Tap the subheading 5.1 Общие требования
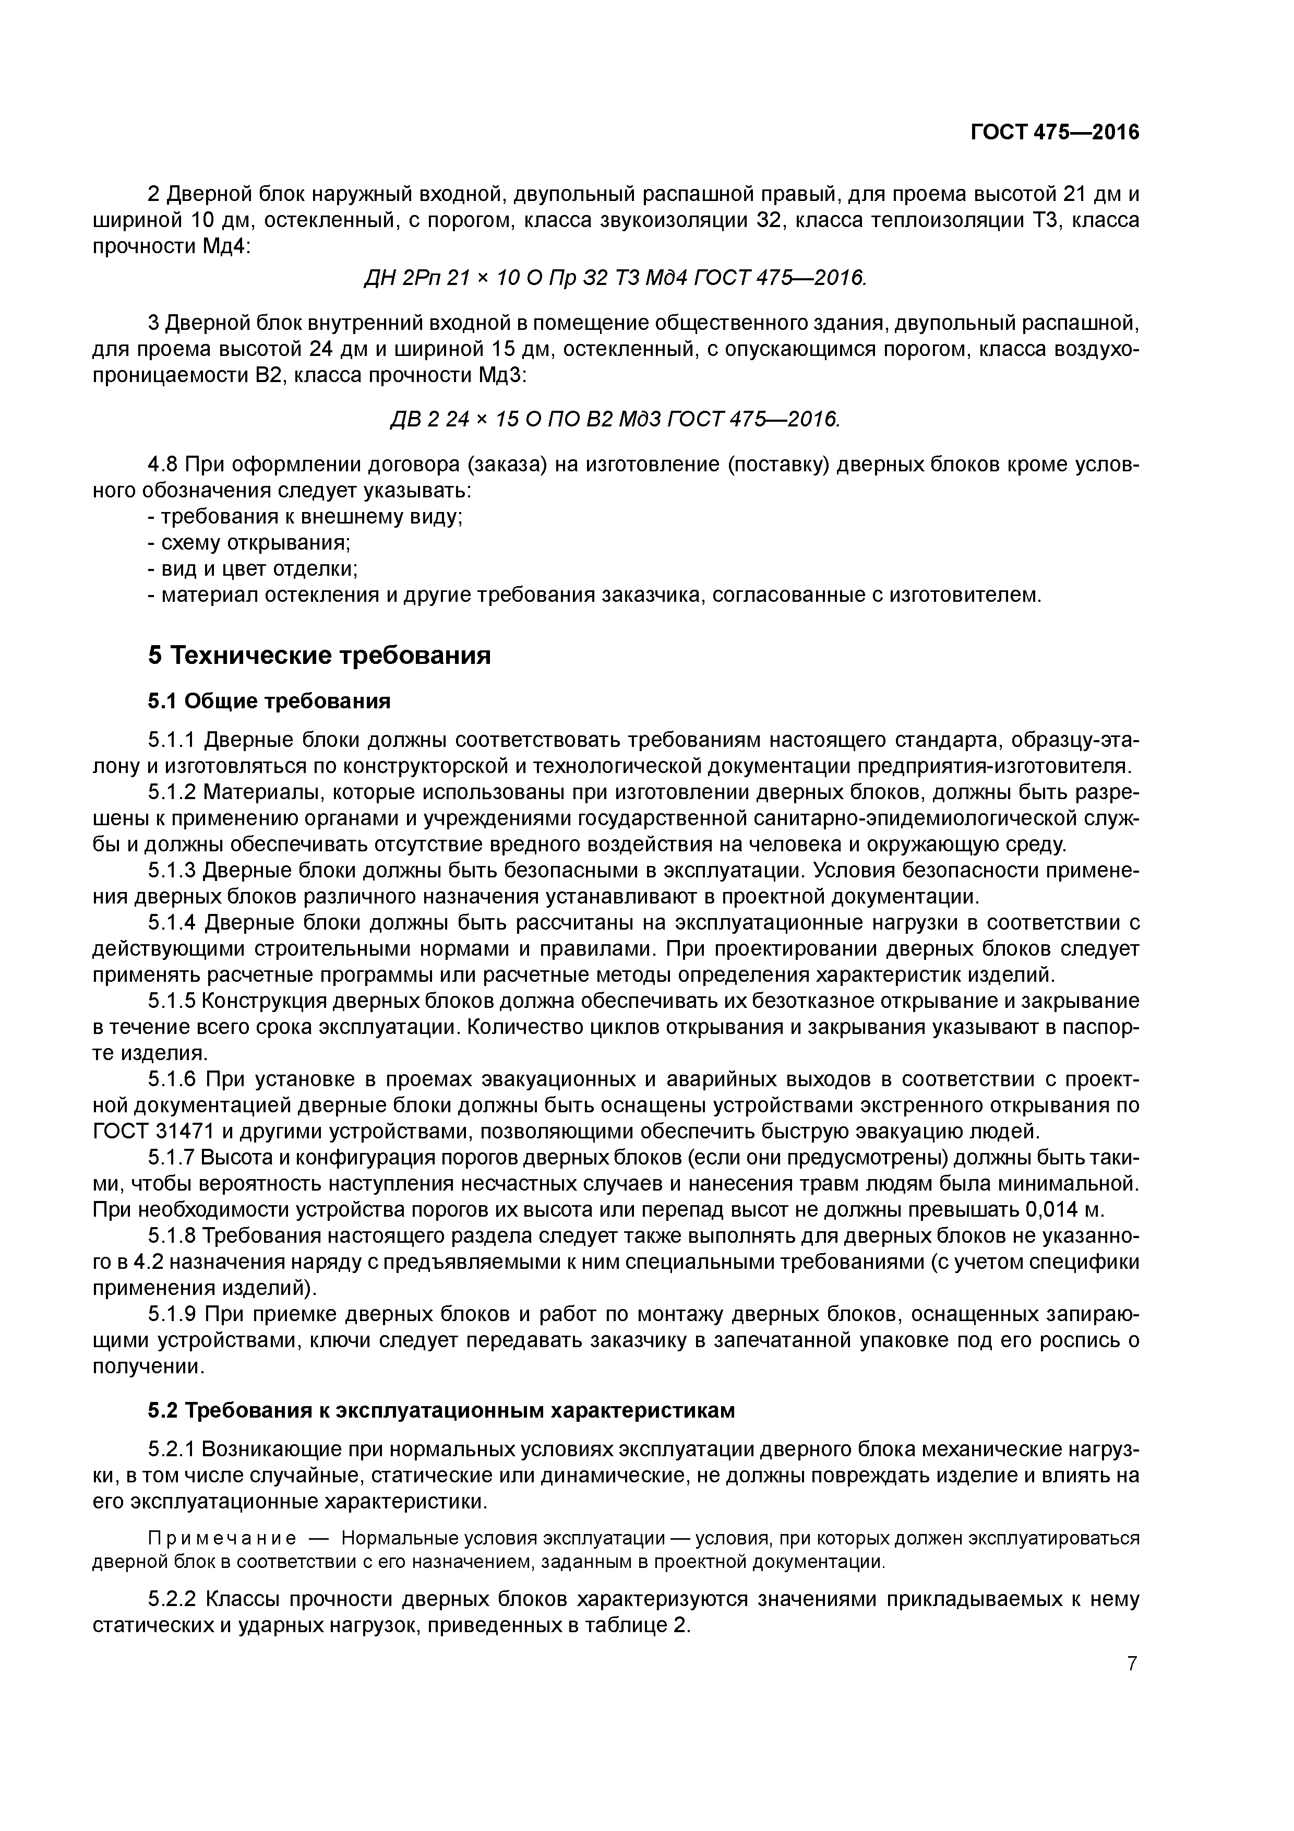click(x=269, y=701)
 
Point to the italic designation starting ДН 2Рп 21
click(x=614, y=278)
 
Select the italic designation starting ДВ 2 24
click(x=614, y=420)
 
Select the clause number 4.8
click(x=165, y=464)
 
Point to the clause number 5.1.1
click(x=172, y=740)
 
